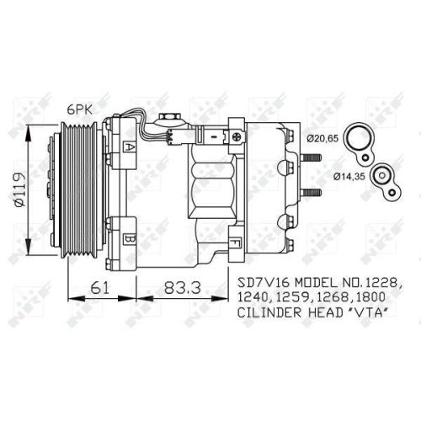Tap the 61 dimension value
click(x=100, y=287)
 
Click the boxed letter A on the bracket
click(x=130, y=147)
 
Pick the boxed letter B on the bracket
click(x=130, y=238)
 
